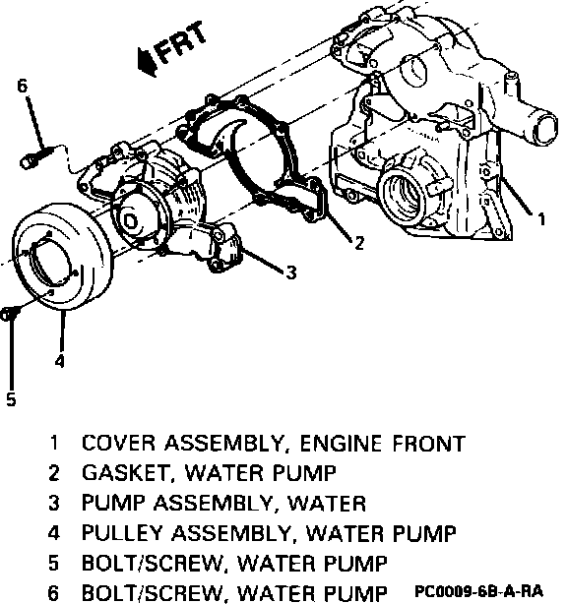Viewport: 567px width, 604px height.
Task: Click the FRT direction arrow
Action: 148,61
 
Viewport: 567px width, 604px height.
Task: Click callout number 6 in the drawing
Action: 23,86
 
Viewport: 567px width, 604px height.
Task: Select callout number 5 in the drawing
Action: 11,398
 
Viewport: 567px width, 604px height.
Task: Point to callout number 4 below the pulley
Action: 59,361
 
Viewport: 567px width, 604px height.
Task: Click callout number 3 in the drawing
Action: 291,272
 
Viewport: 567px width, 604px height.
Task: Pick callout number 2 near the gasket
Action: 359,243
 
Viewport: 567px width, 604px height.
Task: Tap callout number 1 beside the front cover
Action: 541,219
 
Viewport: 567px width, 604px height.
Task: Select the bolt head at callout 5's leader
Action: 7,314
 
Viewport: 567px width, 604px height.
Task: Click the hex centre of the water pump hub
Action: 130,221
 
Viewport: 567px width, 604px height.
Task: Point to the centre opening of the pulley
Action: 50,262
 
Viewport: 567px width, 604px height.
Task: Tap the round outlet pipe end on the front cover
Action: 544,130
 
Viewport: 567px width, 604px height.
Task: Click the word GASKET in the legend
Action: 126,473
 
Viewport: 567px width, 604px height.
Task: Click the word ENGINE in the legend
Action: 341,443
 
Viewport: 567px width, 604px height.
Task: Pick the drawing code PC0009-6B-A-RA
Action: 478,591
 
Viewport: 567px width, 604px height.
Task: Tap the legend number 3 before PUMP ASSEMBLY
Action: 53,503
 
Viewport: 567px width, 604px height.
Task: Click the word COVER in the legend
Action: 118,443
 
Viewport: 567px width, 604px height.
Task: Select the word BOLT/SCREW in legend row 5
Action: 152,564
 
